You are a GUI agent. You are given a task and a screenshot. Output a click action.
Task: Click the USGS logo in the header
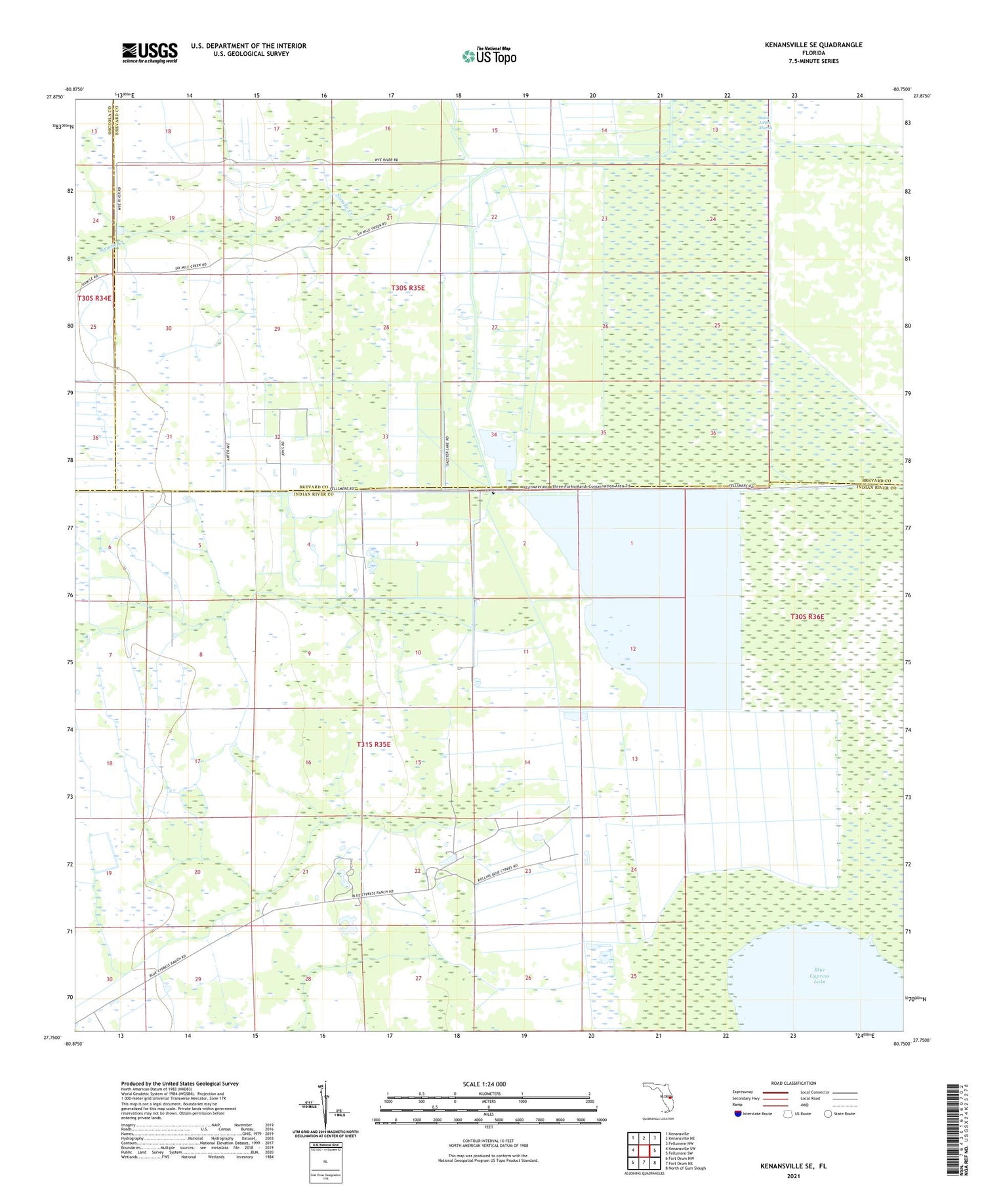click(150, 53)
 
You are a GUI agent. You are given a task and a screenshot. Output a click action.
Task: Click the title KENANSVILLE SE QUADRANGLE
click(813, 45)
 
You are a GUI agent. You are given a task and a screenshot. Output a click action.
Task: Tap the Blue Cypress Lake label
click(819, 975)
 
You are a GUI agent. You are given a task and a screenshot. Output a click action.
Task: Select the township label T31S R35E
click(373, 744)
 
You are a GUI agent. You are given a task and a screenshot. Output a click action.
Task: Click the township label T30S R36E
click(807, 617)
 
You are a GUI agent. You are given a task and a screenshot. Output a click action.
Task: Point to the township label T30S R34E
click(94, 298)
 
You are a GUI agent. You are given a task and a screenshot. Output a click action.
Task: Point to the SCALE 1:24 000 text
click(484, 1084)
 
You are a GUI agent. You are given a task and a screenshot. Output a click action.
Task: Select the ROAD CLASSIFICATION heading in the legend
click(793, 1083)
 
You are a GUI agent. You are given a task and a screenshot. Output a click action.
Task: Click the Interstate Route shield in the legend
click(737, 1114)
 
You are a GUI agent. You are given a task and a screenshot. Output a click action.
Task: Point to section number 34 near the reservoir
click(493, 435)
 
